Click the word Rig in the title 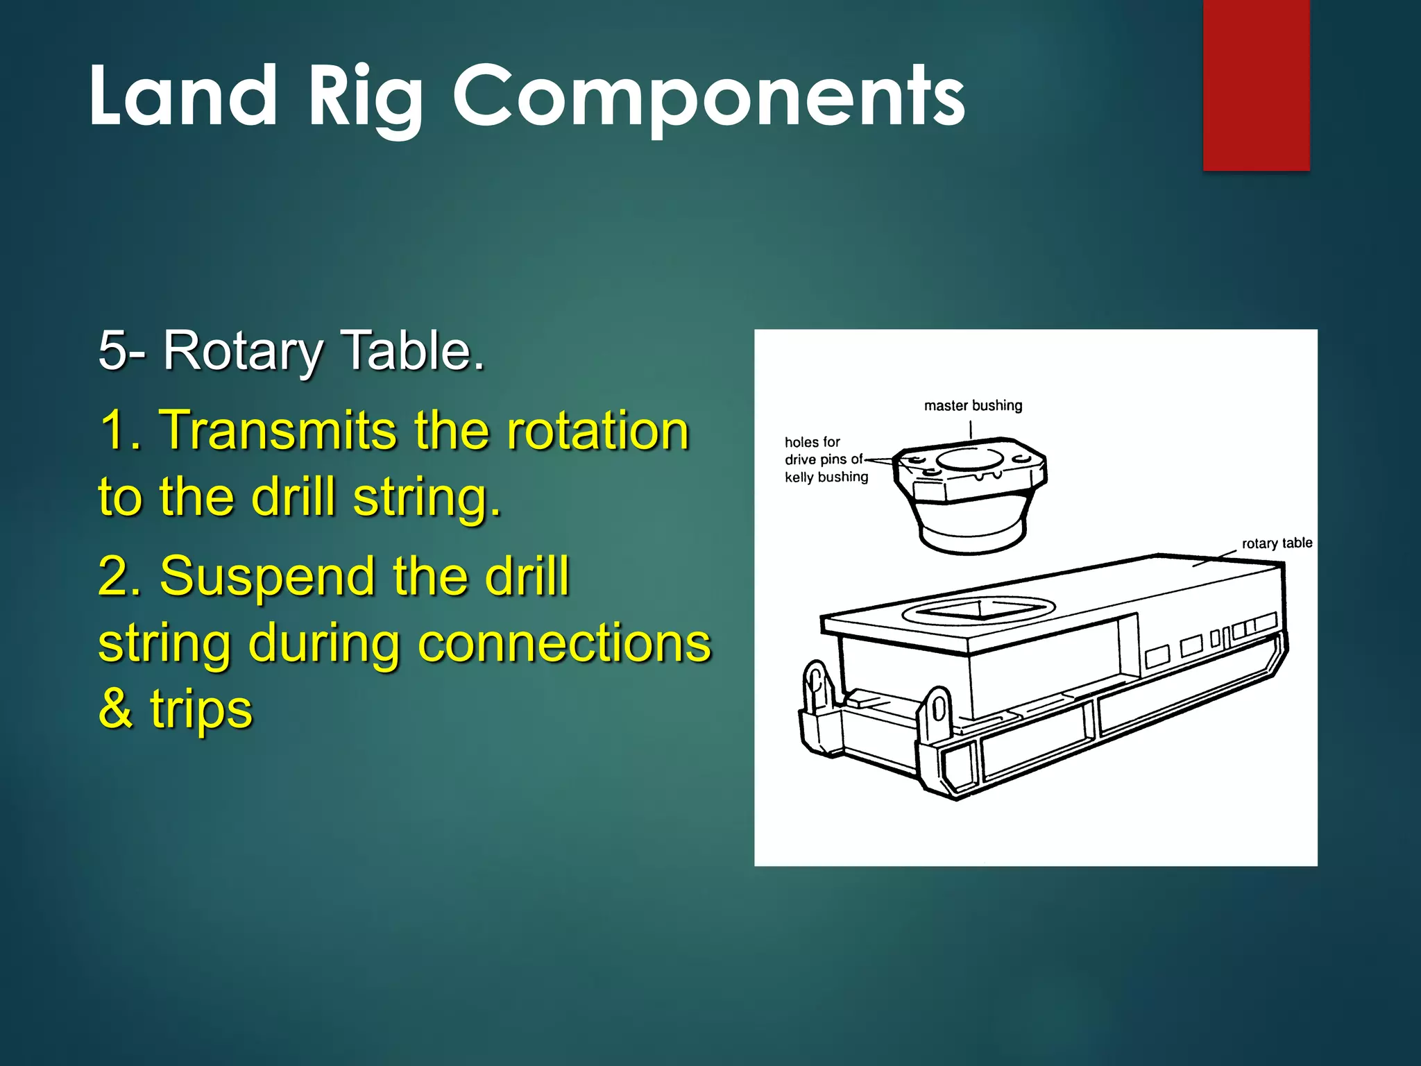coord(365,97)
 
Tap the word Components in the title coord(708,97)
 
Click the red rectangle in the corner coord(1256,85)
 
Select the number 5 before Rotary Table coord(112,350)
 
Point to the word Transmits coord(278,430)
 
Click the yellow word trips coord(201,709)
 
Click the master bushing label coord(973,405)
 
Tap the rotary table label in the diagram coord(1277,543)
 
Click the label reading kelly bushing coord(826,477)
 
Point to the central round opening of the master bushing coord(969,459)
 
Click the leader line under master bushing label coord(971,430)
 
